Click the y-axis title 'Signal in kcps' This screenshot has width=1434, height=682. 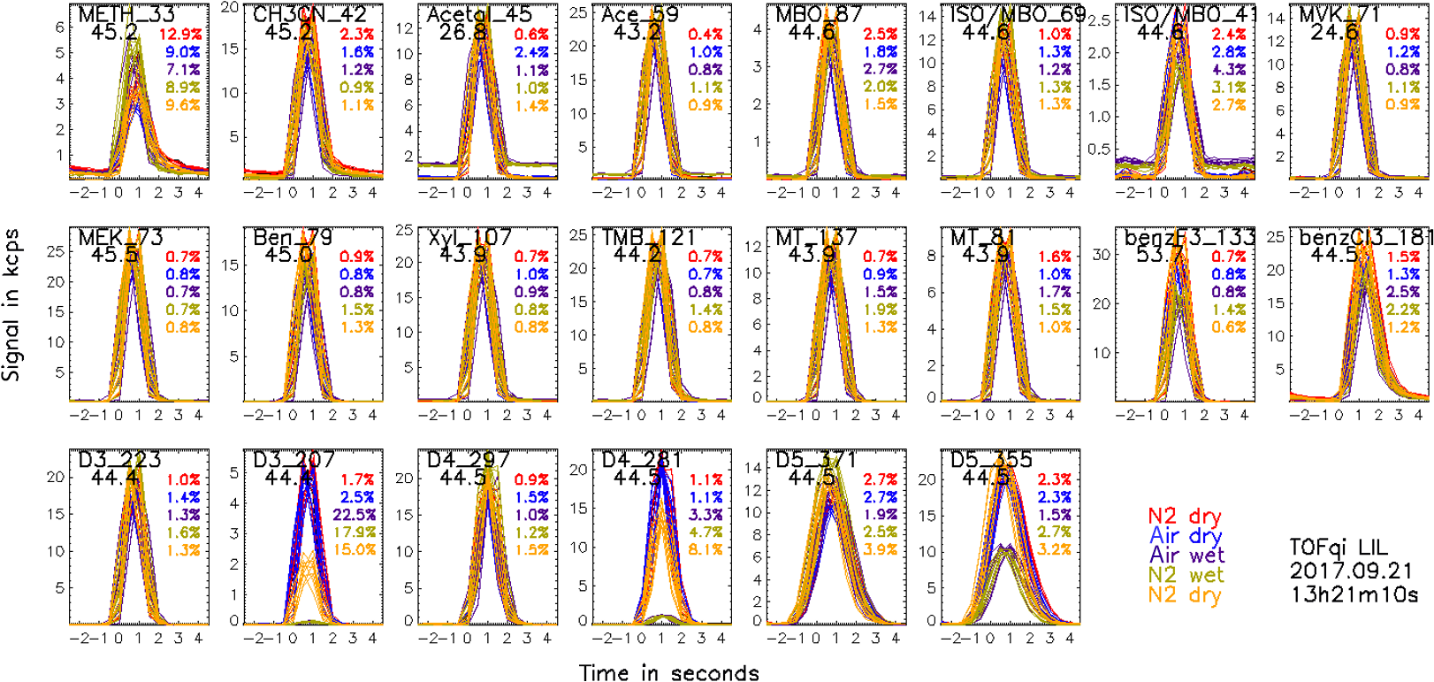click(x=11, y=305)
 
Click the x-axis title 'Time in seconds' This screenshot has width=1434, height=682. click(x=669, y=673)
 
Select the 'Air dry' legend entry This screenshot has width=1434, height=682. click(x=1186, y=536)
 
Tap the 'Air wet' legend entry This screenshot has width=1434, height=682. click(x=1186, y=556)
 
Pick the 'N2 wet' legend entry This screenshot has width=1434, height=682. click(x=1186, y=575)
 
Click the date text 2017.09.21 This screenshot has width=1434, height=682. click(x=1351, y=571)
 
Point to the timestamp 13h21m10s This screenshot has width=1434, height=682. click(x=1354, y=594)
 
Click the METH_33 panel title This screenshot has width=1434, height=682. click(x=126, y=15)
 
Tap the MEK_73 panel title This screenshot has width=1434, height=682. click(x=120, y=238)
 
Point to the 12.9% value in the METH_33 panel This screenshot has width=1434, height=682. click(x=180, y=34)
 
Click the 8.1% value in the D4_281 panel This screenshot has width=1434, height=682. click(x=705, y=550)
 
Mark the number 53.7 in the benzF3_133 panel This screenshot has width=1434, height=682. click(x=1161, y=255)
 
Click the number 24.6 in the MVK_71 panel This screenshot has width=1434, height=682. click(x=1335, y=33)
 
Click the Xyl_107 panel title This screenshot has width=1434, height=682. click(x=469, y=238)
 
